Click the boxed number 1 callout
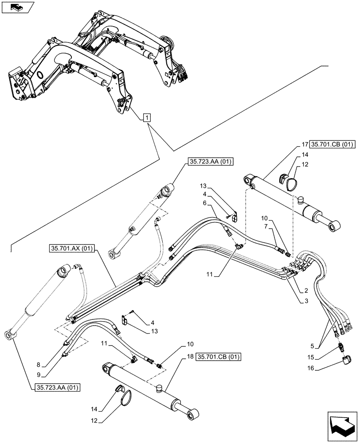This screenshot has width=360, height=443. click(x=147, y=118)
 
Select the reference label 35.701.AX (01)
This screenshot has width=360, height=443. click(x=72, y=249)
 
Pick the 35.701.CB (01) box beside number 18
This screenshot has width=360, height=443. click(x=215, y=356)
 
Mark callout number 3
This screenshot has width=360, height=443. click(x=306, y=301)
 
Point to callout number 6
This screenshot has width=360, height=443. click(x=204, y=202)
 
